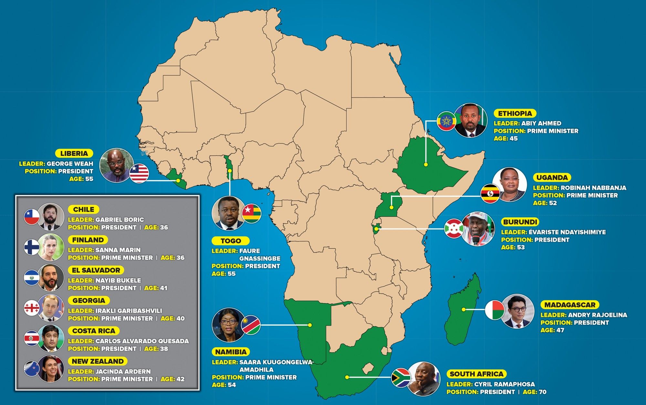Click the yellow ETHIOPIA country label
click(515, 114)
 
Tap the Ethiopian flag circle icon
click(446, 121)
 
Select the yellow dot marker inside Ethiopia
click(426, 165)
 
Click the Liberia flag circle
click(139, 173)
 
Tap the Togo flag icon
click(252, 213)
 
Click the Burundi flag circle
click(454, 228)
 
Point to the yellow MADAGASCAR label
click(570, 305)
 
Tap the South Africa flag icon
click(401, 377)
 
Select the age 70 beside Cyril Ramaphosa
click(543, 392)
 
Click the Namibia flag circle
click(251, 325)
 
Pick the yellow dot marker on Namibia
click(310, 325)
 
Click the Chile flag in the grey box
click(32, 217)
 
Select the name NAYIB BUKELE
click(118, 280)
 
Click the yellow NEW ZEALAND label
click(98, 361)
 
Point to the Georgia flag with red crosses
click(32, 308)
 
